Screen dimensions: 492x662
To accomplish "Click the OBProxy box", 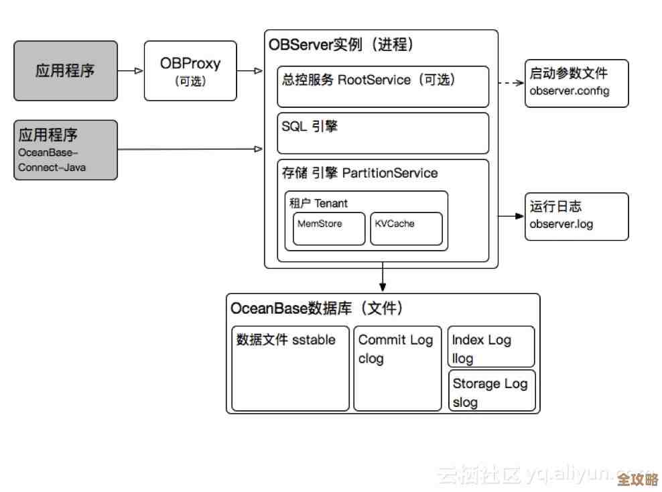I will (x=190, y=70).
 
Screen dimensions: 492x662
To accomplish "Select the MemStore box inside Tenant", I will (x=329, y=229).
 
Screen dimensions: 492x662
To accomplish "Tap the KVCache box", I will (x=406, y=229).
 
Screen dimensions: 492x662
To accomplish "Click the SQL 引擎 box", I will (x=383, y=133).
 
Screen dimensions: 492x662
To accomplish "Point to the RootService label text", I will (x=374, y=80).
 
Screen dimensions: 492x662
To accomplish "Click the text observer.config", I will (x=570, y=90).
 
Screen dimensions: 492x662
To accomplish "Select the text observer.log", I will (x=561, y=224).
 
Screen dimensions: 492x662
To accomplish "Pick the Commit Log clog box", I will (x=397, y=368).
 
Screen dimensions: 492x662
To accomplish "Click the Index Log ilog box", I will (x=491, y=347).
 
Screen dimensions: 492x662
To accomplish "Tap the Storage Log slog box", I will (x=492, y=391).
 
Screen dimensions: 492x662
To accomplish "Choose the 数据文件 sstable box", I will (x=290, y=368).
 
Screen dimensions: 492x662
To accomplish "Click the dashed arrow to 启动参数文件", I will (x=511, y=83).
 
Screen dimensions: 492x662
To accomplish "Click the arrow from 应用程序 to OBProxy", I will (x=131, y=70).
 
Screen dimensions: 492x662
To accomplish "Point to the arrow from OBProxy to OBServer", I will (x=251, y=70).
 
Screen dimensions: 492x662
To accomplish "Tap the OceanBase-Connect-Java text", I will (x=52, y=160).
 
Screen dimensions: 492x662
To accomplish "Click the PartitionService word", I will (x=389, y=173).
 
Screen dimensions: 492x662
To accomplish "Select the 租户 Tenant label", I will (x=318, y=202).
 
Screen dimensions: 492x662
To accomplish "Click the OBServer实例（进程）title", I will (x=341, y=45).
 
